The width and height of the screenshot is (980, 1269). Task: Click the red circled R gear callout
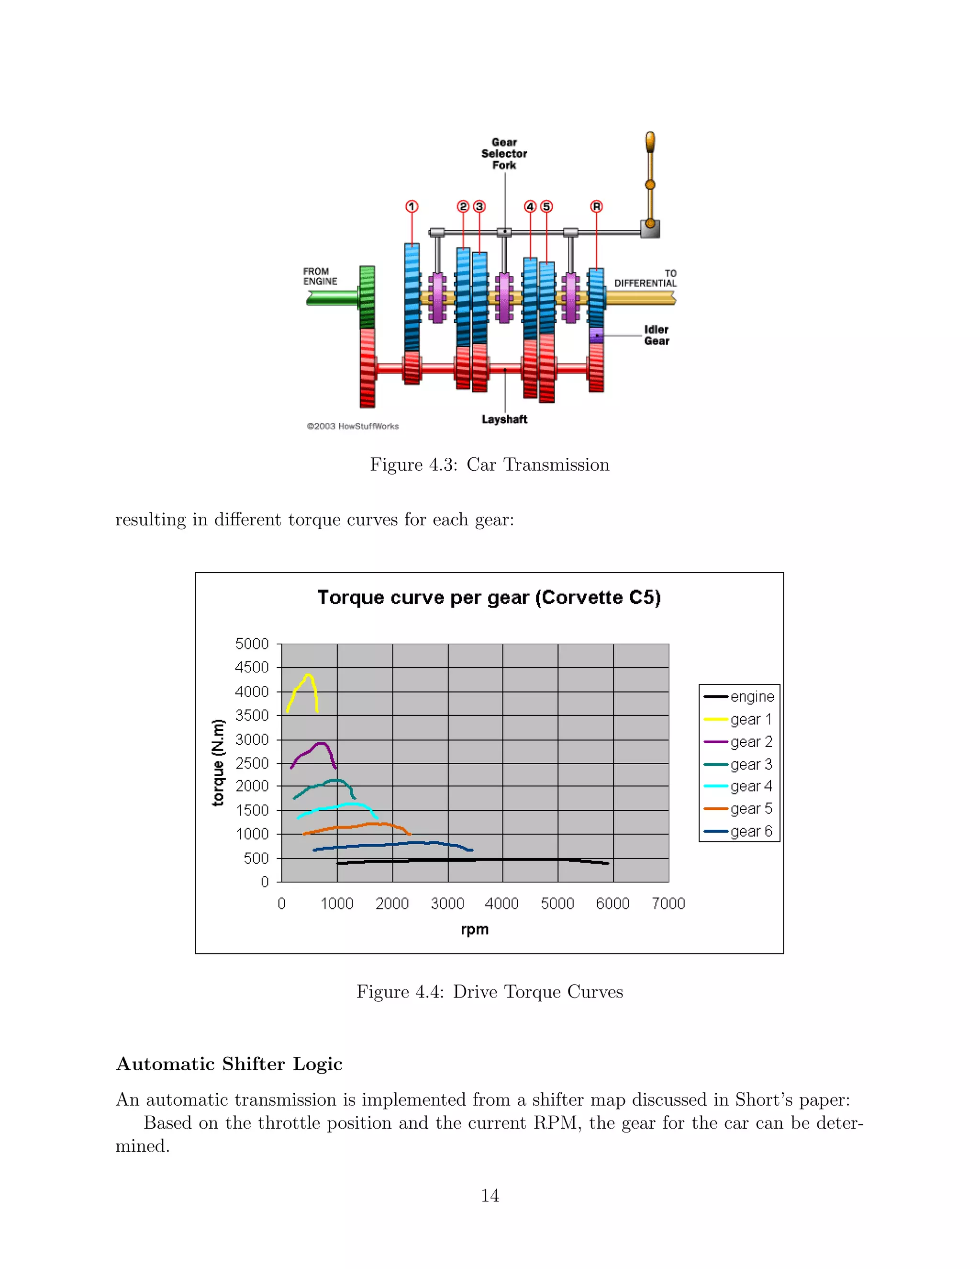click(x=596, y=206)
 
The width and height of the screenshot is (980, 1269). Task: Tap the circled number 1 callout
click(x=412, y=206)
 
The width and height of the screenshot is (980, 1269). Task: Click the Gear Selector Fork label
click(x=504, y=153)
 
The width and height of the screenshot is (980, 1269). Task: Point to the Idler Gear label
click(x=657, y=335)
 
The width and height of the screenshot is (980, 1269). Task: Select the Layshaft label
click(x=504, y=419)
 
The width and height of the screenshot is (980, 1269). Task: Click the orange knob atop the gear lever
click(x=650, y=141)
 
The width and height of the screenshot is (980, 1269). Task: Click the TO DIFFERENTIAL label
click(x=646, y=278)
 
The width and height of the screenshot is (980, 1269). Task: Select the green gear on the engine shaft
click(x=367, y=296)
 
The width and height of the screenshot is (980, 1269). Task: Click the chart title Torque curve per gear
click(x=489, y=597)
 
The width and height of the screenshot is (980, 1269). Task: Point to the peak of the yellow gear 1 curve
click(x=308, y=675)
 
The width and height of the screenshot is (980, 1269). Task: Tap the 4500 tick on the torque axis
click(x=252, y=667)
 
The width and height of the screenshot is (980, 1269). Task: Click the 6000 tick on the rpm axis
click(x=612, y=904)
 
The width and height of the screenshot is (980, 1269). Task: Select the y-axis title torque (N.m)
click(x=218, y=762)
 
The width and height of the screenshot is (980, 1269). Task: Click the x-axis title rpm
click(x=474, y=929)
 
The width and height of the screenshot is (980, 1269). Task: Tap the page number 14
click(x=490, y=1195)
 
